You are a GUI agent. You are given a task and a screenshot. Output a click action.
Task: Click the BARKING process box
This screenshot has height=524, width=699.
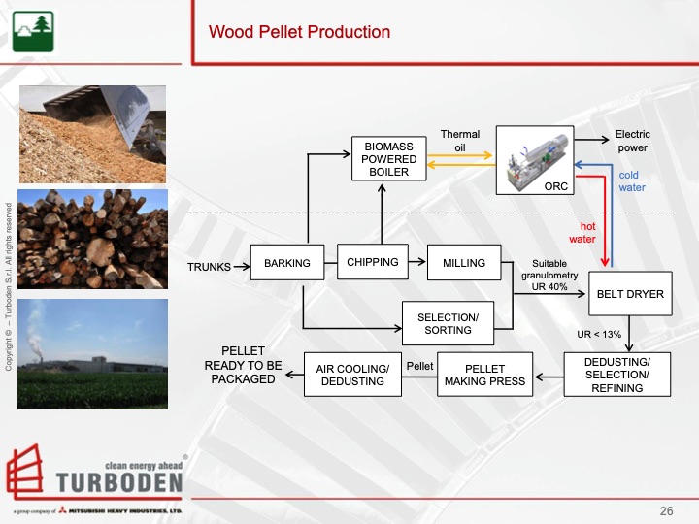coord(287,263)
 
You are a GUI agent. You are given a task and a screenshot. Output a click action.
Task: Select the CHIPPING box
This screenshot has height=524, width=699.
coord(373,263)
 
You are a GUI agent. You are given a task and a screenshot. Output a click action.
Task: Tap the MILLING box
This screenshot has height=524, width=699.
coord(464,263)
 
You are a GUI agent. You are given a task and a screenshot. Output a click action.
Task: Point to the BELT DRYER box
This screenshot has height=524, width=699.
coord(630,294)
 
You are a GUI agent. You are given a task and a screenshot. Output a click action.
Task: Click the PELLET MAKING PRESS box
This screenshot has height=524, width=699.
coord(485,375)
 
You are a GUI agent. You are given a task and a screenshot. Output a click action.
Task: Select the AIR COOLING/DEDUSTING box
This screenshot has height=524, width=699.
coord(352,375)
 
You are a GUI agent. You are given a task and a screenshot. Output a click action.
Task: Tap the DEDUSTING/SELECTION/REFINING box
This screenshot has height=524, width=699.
coord(617,375)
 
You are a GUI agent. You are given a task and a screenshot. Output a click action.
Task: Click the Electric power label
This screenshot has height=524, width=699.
coord(633,142)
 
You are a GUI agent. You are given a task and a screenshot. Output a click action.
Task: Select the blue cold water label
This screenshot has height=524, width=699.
coord(632,181)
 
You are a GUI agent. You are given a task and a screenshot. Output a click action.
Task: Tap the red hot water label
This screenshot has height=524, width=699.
coord(582,232)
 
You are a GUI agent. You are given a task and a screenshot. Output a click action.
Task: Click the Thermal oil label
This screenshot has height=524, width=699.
coord(460,142)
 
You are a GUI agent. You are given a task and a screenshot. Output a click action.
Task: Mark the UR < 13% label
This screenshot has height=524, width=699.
coord(598,335)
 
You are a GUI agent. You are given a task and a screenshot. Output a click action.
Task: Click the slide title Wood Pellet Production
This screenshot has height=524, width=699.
coord(299,32)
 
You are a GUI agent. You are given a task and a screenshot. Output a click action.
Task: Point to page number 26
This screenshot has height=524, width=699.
coord(666,510)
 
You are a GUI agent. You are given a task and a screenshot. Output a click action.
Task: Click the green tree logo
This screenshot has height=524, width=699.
coord(27,32)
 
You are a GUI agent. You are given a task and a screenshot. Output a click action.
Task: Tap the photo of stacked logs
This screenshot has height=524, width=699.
coord(93,239)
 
